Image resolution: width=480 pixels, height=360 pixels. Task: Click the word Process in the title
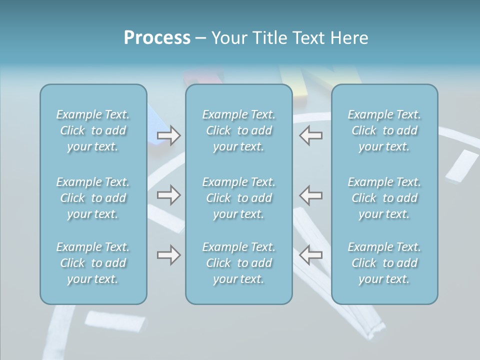(x=157, y=38)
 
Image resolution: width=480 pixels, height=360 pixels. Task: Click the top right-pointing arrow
(x=169, y=135)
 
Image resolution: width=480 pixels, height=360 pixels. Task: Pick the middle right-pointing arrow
(x=169, y=194)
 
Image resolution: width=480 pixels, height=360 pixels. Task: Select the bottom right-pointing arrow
(x=169, y=255)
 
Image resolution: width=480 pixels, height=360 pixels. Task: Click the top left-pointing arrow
(x=311, y=135)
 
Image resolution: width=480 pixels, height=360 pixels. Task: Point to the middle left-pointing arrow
(x=311, y=194)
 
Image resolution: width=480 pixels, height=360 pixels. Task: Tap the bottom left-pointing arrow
(x=311, y=255)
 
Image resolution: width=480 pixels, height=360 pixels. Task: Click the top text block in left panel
(x=93, y=130)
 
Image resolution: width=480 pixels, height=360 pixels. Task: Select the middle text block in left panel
(x=93, y=198)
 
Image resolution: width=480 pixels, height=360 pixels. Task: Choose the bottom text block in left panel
(x=93, y=263)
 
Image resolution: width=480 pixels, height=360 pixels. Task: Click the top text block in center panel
(x=239, y=130)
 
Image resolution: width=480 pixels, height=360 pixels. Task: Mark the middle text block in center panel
(x=239, y=198)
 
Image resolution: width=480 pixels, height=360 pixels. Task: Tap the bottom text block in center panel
(x=239, y=263)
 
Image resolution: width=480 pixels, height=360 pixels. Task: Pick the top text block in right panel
(x=384, y=130)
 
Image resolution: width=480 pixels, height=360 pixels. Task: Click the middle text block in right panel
(x=384, y=198)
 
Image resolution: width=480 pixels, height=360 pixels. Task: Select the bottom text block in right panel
(x=384, y=263)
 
